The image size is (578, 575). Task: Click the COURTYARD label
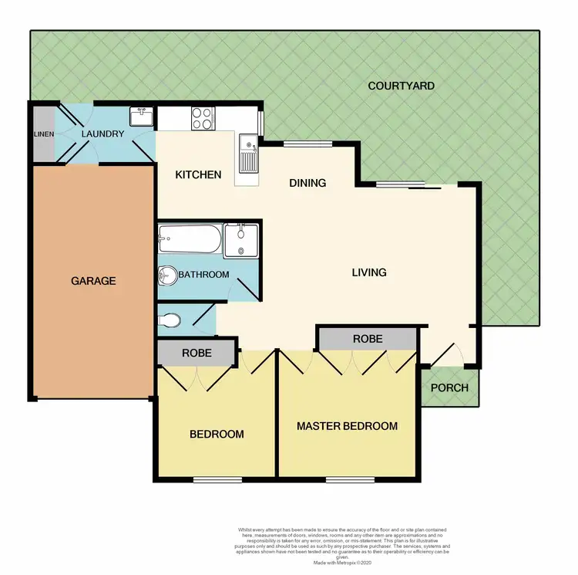(401, 86)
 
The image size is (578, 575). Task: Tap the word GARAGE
(93, 281)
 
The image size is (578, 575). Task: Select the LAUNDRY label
(103, 134)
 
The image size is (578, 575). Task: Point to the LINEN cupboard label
(42, 134)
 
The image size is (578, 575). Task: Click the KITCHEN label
(198, 175)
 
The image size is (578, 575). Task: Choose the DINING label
(307, 183)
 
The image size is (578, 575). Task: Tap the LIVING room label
(368, 272)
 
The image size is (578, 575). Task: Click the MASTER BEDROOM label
(347, 426)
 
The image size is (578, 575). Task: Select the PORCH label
(449, 387)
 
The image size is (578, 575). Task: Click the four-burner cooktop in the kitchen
(202, 118)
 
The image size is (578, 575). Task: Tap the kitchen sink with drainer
(247, 153)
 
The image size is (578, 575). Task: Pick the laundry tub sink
(142, 117)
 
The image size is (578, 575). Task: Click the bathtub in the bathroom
(190, 239)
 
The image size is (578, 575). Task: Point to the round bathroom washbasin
(166, 275)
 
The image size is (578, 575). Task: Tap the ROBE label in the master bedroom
(368, 339)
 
